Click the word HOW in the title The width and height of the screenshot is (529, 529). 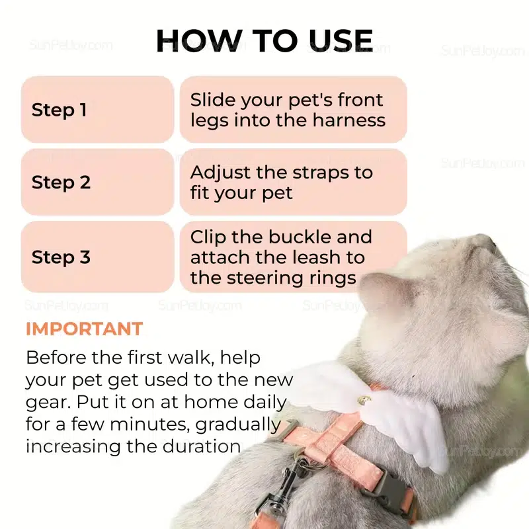tap(200, 40)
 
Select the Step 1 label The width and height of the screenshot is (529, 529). tap(59, 110)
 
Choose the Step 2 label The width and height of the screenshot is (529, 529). tap(61, 183)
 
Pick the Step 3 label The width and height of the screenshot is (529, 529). tap(61, 257)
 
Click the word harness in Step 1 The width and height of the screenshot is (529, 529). tap(349, 120)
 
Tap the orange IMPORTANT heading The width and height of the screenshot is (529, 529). tap(85, 329)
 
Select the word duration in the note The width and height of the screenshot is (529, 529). tap(200, 446)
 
